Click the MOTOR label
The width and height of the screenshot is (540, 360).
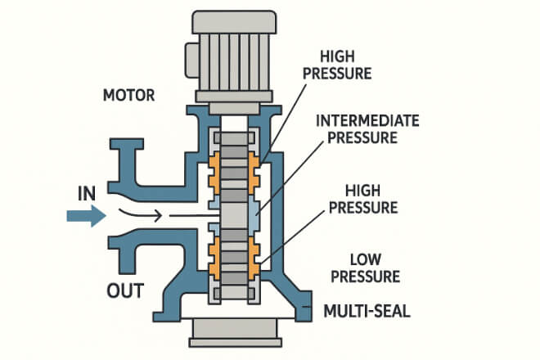click(129, 95)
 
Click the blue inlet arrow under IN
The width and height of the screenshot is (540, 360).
click(85, 217)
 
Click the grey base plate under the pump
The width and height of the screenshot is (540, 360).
click(234, 331)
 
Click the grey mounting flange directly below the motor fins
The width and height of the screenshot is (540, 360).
click(234, 107)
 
